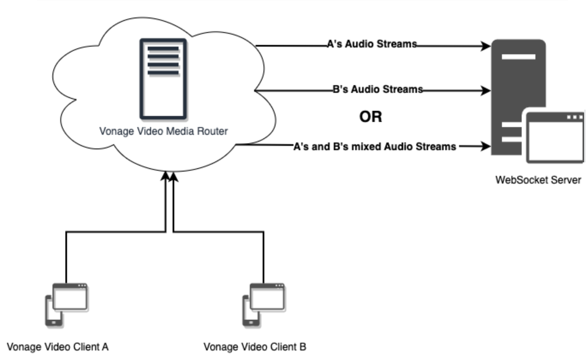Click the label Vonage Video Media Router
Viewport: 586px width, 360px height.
point(163,131)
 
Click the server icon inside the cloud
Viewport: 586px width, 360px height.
point(163,79)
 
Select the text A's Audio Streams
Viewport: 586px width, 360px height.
point(371,44)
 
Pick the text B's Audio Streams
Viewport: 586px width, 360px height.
point(377,89)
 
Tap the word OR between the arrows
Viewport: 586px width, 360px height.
point(370,117)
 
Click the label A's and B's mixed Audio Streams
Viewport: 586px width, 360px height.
point(374,146)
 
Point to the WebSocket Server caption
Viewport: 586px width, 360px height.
point(538,180)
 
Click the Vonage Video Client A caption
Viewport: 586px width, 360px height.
point(57,347)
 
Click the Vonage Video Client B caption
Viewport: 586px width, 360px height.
point(255,347)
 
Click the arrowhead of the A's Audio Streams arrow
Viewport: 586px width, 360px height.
point(486,46)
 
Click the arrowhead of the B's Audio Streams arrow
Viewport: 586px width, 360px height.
point(486,90)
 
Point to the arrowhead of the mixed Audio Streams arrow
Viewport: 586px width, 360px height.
point(486,146)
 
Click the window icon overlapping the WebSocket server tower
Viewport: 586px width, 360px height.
point(555,137)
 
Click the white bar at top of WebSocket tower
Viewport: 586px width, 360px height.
point(518,57)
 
